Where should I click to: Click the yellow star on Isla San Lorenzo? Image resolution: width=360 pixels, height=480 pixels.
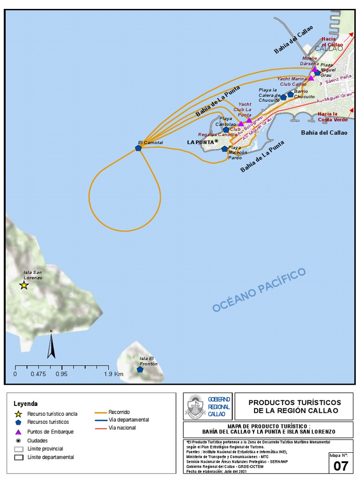pos(24,285)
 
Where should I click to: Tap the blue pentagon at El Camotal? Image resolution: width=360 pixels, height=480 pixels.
pos(138,148)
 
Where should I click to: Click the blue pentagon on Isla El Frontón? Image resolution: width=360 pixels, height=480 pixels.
pos(140,369)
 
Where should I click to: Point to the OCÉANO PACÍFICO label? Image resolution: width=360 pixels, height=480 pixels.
pos(259,290)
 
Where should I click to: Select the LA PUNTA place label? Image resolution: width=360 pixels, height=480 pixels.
pos(202,142)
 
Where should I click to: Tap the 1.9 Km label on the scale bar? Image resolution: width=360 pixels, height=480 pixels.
pos(114,374)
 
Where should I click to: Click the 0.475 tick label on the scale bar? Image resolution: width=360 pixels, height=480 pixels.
pos(38,374)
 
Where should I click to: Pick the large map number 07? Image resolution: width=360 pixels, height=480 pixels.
pos(341,466)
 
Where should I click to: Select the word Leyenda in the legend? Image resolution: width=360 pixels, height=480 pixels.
pos(26,404)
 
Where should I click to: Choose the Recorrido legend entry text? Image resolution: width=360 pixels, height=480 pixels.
pos(119,412)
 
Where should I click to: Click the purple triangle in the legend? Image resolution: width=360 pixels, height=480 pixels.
pos(18,432)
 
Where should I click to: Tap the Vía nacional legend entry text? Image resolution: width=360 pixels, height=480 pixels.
pos(122,427)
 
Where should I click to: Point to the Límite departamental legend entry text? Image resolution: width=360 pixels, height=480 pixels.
pos(51,457)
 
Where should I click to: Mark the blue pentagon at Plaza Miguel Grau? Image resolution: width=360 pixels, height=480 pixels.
pos(317,73)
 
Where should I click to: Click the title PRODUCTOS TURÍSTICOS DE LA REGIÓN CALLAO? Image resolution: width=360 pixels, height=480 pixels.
pos(294,406)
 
